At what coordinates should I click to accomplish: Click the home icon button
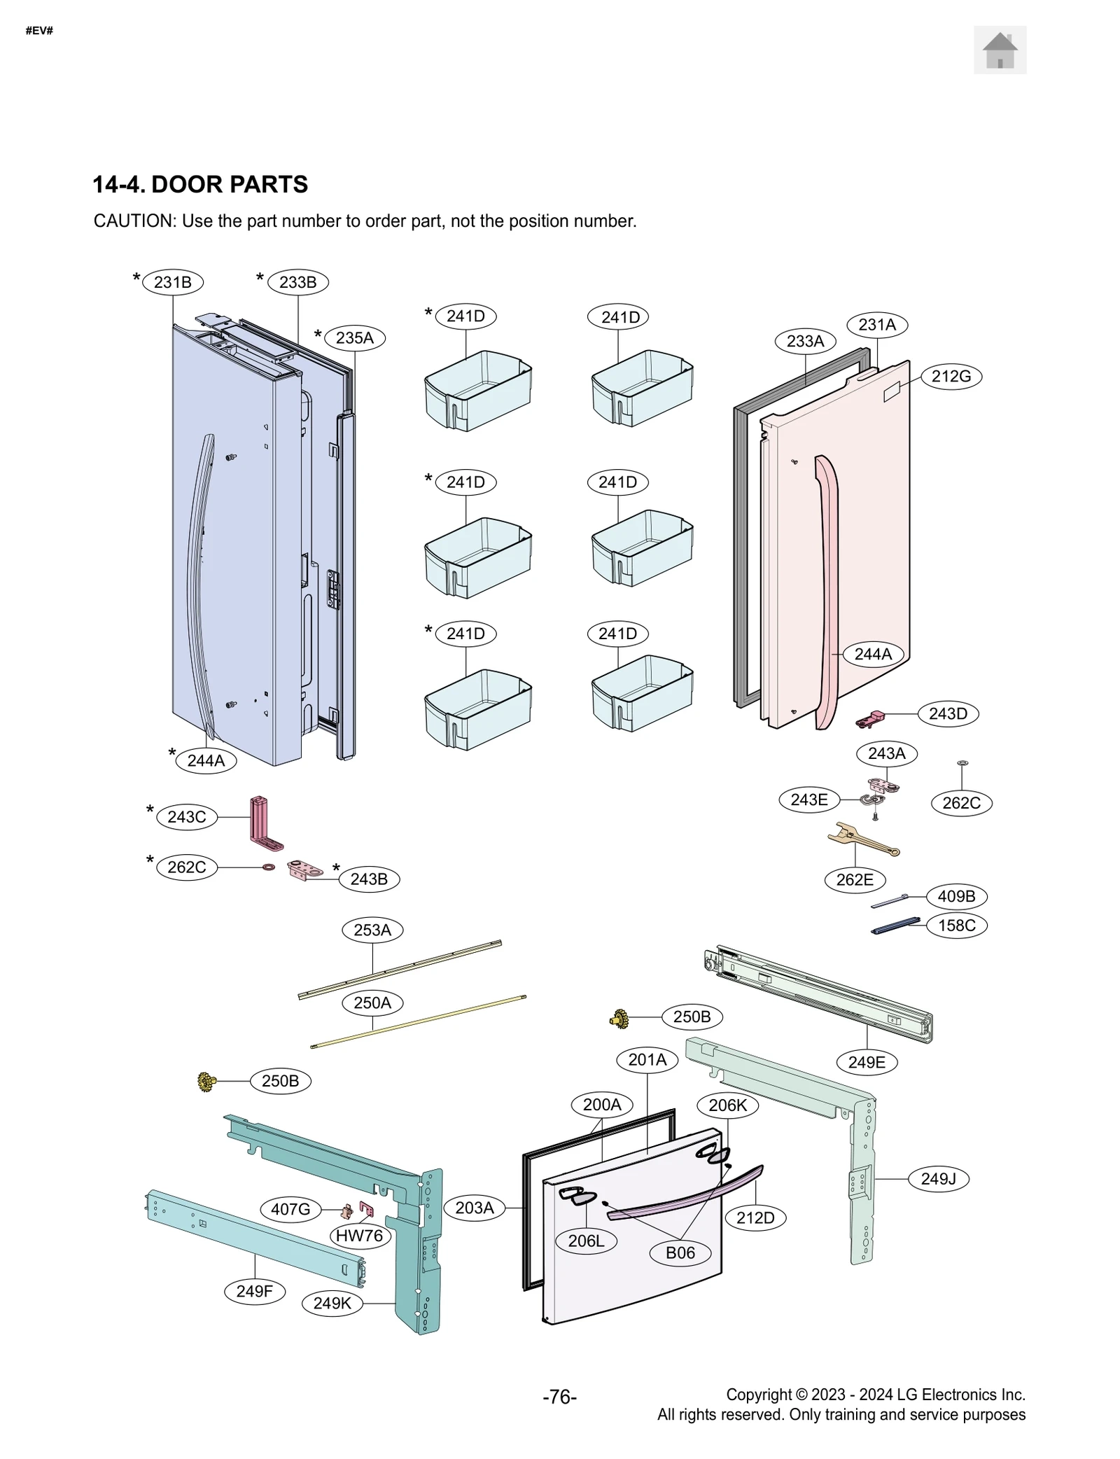(x=999, y=50)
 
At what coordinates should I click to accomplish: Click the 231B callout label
(x=172, y=282)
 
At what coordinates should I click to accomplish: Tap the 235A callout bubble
(x=354, y=338)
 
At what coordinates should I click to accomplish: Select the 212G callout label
(x=951, y=377)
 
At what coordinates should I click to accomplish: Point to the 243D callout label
(x=947, y=714)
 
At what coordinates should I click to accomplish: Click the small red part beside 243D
(x=870, y=718)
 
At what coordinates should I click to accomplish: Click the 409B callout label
(x=955, y=896)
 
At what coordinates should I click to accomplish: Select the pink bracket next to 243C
(x=262, y=822)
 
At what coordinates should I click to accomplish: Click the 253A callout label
(x=372, y=930)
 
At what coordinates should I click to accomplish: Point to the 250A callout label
(x=372, y=1003)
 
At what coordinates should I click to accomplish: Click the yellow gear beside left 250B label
(x=206, y=1082)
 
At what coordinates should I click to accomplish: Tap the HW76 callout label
(x=359, y=1236)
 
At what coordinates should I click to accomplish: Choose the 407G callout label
(x=290, y=1209)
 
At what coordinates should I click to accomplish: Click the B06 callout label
(x=680, y=1252)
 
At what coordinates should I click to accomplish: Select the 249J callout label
(x=937, y=1179)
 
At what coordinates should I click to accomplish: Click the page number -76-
(x=559, y=1397)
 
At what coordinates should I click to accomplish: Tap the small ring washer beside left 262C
(x=268, y=867)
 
